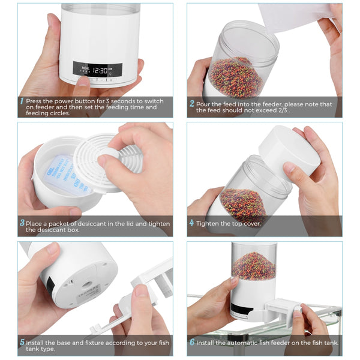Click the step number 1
click(x=22, y=102)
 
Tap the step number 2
click(x=191, y=103)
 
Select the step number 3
click(x=22, y=223)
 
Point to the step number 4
click(x=191, y=223)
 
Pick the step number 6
click(x=191, y=343)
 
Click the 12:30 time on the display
click(x=100, y=70)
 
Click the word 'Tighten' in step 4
click(x=211, y=223)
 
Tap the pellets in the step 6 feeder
click(x=254, y=265)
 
